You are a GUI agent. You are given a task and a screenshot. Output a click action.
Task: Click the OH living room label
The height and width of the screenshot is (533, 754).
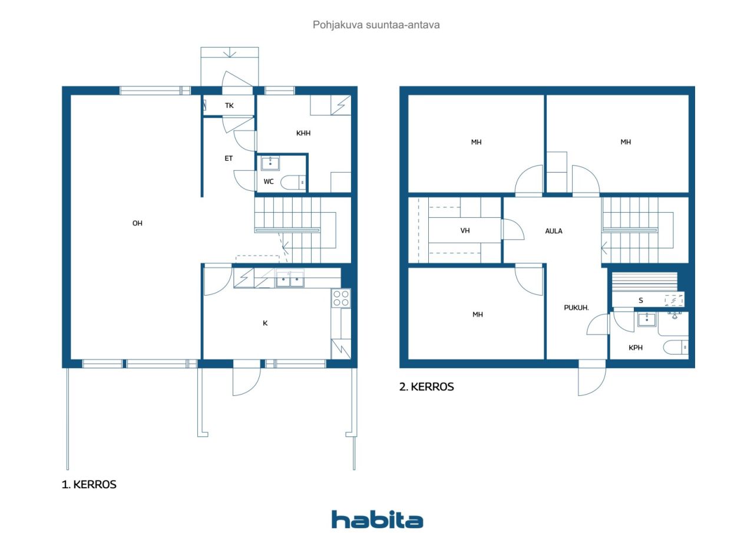coord(137,223)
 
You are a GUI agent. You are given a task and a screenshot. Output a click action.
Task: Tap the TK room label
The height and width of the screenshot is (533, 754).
coord(229,106)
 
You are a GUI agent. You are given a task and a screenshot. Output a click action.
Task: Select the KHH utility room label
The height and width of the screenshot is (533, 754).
coord(303,134)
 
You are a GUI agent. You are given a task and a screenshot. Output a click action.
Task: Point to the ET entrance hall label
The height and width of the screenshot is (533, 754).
coord(229,158)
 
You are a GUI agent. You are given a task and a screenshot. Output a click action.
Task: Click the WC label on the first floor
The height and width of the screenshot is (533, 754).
coord(269,181)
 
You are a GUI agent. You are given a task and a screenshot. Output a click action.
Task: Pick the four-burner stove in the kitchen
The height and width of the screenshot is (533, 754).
coord(340,297)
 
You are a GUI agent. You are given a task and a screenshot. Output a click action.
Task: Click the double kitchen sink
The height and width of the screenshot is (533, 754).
coord(290,278)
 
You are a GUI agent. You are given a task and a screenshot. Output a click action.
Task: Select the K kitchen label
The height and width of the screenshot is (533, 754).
coord(265,323)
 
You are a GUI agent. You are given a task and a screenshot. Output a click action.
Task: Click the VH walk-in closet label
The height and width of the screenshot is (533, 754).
coord(465,231)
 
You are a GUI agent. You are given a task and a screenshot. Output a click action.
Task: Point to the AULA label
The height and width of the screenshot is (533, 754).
coord(554,231)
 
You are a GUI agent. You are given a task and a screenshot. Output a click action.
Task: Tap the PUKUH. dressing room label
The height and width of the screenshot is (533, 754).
coord(577,307)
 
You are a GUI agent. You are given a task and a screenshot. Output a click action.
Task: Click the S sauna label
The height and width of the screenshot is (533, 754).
coord(641,300)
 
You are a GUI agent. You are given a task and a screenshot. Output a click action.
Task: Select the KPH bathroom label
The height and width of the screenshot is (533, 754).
coord(635,347)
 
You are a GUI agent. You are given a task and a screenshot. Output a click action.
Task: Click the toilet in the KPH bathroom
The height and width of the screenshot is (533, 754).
coord(676,347)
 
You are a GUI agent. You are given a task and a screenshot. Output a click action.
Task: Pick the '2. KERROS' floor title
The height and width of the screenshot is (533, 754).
coord(426,387)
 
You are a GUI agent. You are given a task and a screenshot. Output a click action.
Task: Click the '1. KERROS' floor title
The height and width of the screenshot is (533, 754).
coord(89,485)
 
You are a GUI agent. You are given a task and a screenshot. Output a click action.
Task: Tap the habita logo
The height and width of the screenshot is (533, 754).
coord(377,519)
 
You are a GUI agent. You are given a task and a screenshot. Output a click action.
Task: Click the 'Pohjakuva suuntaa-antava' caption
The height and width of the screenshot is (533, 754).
coord(376,25)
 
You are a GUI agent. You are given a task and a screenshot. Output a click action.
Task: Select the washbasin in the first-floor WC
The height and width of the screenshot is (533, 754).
coord(270,163)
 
